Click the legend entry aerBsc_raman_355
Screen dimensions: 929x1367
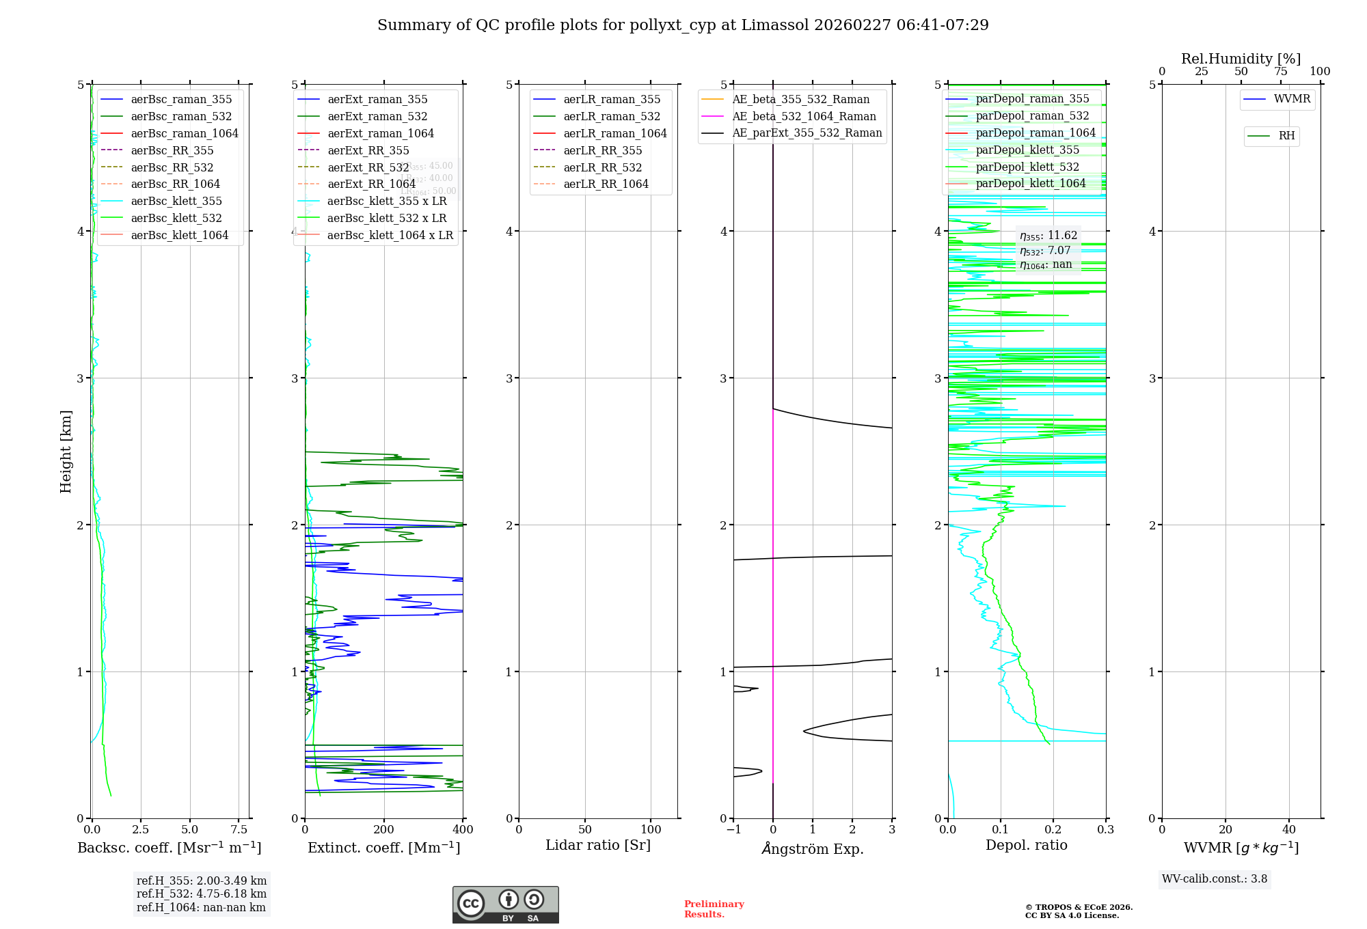tap(181, 100)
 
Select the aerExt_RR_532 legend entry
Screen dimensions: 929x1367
tap(368, 167)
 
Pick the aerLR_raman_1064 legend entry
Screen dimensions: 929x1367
tap(614, 133)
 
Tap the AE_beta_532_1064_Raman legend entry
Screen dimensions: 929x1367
tap(804, 117)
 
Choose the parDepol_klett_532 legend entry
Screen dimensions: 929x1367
tap(1027, 167)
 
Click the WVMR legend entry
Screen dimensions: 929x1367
tap(1292, 99)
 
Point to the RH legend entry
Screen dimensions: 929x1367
tap(1286, 136)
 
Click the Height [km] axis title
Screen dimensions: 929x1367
tap(66, 452)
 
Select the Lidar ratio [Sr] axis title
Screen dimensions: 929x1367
tap(598, 845)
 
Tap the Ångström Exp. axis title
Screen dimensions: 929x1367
tap(813, 848)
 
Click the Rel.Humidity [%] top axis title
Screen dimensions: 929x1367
tap(1241, 59)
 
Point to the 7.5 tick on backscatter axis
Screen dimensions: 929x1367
tap(239, 830)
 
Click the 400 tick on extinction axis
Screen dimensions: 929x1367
tap(463, 830)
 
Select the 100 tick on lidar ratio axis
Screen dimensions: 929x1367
tap(651, 830)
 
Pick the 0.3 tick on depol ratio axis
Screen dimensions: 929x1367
tap(1105, 830)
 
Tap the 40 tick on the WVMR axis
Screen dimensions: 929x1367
tap(1288, 830)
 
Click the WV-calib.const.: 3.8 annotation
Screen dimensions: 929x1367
tap(1215, 879)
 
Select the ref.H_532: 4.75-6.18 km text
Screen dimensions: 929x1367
tap(202, 893)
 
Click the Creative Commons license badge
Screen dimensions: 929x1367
tap(505, 905)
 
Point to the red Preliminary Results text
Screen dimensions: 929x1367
tap(714, 909)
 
